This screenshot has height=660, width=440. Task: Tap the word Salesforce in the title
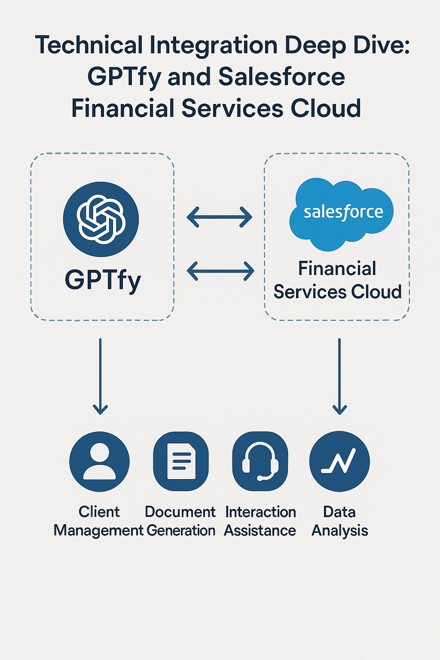(x=281, y=77)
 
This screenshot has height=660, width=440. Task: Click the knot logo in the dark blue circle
(x=101, y=219)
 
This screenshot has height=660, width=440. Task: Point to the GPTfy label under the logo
(x=103, y=280)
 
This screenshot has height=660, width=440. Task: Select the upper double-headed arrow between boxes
(x=220, y=217)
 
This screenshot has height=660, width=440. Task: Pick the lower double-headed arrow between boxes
(x=221, y=271)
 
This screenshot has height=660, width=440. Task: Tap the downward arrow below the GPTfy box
(x=100, y=376)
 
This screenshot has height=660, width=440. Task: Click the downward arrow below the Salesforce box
(x=339, y=376)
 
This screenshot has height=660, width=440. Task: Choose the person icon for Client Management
(x=99, y=461)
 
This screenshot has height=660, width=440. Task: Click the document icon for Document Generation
(x=181, y=461)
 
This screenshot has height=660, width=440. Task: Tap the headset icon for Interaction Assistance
(x=260, y=461)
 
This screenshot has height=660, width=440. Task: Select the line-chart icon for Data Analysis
(x=339, y=461)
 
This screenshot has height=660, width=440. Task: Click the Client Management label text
(x=99, y=521)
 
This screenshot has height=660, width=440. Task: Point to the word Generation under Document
(x=181, y=531)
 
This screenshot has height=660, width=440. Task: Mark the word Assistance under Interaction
(x=260, y=531)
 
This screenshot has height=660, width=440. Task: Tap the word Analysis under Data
(x=339, y=531)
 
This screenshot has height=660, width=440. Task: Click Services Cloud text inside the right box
(x=337, y=292)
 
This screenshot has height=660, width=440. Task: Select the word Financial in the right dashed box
(x=337, y=269)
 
